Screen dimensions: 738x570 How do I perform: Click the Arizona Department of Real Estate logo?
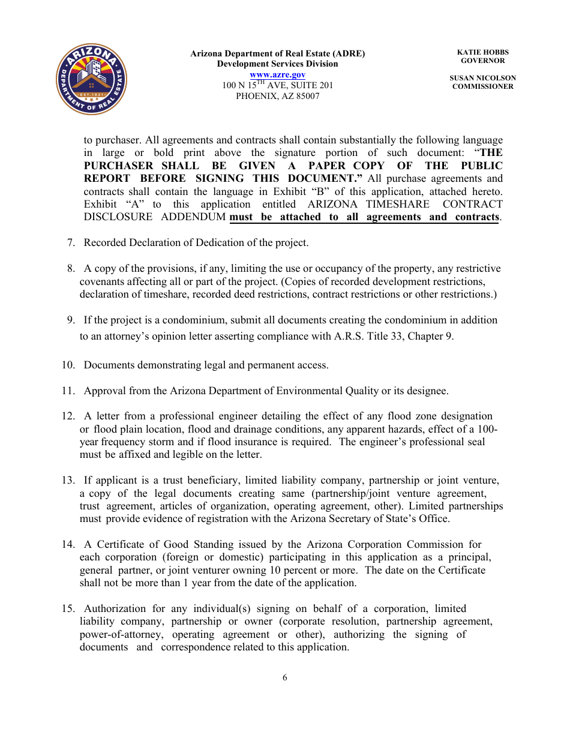tap(91, 79)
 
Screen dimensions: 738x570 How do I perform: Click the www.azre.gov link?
tap(277, 74)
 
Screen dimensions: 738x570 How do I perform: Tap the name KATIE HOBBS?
tap(482, 53)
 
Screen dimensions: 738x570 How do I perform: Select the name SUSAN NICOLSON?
tap(482, 78)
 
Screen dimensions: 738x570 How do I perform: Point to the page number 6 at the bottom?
tap(285, 677)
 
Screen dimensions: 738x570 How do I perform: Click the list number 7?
tap(71, 242)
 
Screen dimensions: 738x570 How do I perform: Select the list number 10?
tap(68, 365)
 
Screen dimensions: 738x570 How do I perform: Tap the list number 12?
tap(68, 416)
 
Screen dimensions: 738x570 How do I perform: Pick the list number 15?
tap(68, 608)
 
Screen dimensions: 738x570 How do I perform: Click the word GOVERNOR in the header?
tap(482, 61)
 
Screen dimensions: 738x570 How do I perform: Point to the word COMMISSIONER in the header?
tap(482, 86)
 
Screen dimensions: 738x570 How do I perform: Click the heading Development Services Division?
tap(277, 64)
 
